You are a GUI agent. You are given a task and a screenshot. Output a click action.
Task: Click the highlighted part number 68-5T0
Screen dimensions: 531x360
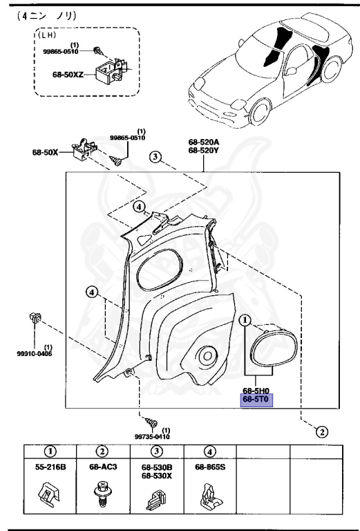256,400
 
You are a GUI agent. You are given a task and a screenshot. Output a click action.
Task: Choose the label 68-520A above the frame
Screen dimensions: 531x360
204,144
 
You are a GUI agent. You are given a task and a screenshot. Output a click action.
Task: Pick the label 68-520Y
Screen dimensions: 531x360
204,152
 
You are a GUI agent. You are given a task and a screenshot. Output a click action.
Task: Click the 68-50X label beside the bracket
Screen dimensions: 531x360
46,152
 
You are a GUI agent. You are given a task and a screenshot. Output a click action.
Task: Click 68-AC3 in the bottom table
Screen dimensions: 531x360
102,467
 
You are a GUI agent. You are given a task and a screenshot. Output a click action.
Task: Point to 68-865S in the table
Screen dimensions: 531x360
210,467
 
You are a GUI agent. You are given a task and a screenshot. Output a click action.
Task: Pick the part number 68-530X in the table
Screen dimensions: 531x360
156,476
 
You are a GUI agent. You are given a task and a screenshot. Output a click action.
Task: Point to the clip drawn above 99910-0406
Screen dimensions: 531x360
36,319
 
